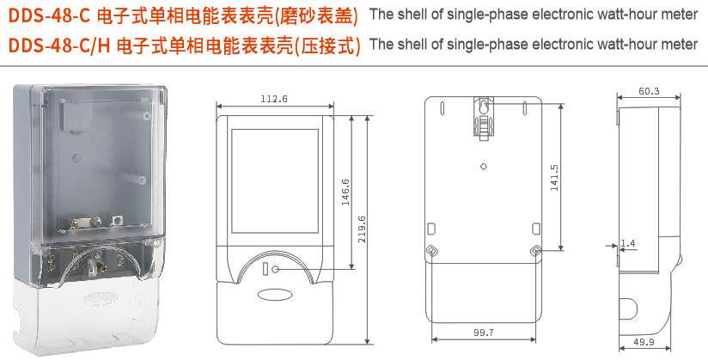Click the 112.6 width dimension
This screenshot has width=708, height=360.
pos(273,101)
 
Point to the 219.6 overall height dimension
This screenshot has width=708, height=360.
pos(362,229)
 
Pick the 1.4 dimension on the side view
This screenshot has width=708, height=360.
pos(627,244)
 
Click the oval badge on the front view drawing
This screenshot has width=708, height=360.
pos(274,294)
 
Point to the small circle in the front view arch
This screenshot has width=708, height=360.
pos(276,270)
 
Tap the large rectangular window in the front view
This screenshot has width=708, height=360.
pos(273,182)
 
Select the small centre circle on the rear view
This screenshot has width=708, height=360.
pos(484,166)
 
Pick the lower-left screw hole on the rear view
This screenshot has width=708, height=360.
pos(432,251)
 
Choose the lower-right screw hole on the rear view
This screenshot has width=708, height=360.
pos(535,251)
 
